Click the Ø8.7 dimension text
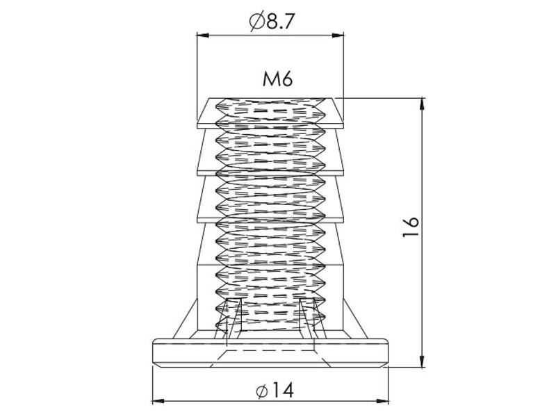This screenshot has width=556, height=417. [272, 22]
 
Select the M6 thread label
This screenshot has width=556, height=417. [277, 79]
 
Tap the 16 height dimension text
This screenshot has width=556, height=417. [411, 227]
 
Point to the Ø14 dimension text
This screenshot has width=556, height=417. [275, 391]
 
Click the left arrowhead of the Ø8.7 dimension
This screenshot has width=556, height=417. [202, 35]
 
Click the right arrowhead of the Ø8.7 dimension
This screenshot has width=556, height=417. [338, 35]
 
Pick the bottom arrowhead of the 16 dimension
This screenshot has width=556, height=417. [422, 361]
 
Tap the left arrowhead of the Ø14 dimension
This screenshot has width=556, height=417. [158, 402]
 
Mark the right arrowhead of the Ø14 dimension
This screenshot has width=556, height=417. [383, 402]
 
